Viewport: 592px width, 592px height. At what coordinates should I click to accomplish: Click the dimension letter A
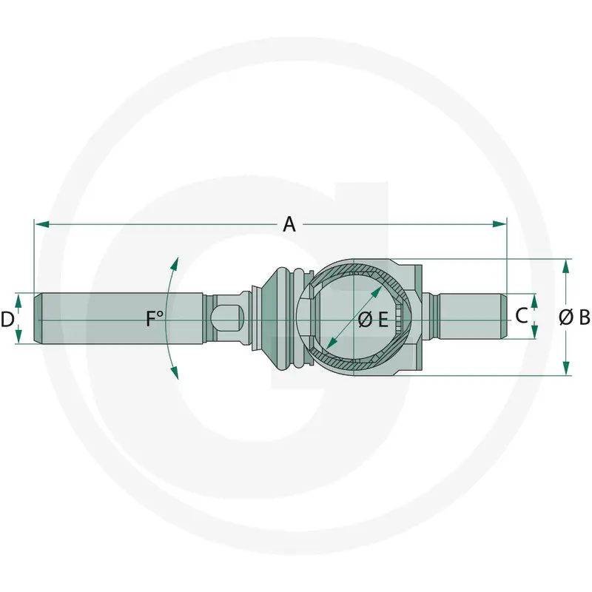[x=289, y=224]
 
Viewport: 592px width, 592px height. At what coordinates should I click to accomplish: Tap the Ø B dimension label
[x=574, y=317]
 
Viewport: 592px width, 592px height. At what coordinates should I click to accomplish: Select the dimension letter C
[x=522, y=316]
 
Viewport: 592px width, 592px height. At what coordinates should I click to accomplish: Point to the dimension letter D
[x=7, y=320]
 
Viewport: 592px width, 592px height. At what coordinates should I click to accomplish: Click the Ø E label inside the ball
[x=373, y=320]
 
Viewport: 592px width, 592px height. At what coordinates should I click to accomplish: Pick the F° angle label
[x=155, y=318]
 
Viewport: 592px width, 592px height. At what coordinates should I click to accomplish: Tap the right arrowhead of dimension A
[x=499, y=224]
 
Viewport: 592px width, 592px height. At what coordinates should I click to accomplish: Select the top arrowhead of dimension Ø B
[x=565, y=266]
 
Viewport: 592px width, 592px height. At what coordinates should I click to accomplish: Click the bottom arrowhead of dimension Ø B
[x=565, y=368]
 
